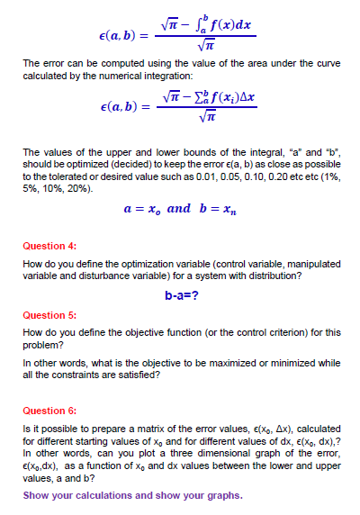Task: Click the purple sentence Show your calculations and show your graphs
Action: [x=132, y=496]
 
